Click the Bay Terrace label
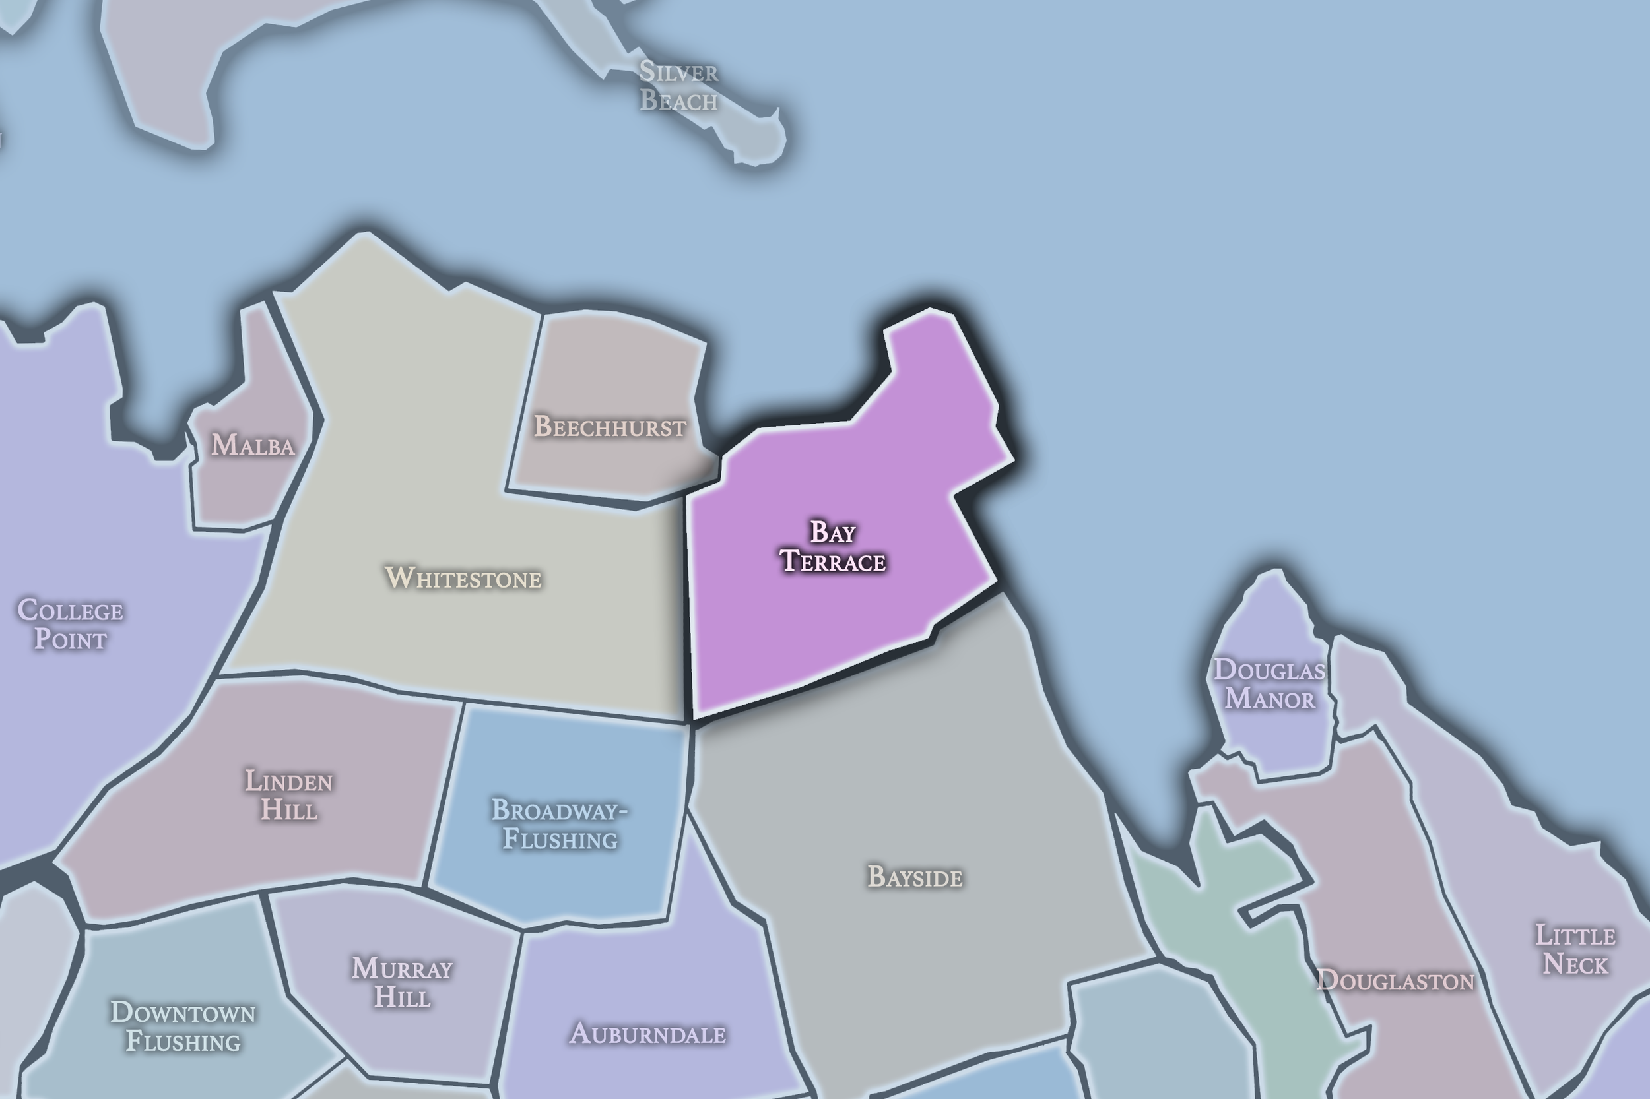pos(832,547)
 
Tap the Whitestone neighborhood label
pos(463,579)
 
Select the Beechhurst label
pos(610,427)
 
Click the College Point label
pos(70,625)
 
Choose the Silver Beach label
pos(678,86)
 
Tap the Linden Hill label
pos(289,795)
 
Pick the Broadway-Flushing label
pos(560,825)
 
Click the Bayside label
pos(915,877)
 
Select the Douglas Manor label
pos(1270,683)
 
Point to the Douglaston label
pos(1395,980)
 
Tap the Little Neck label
pos(1575,950)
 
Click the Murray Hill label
pos(403,982)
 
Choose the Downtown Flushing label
pos(183,1027)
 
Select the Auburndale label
pos(647,1034)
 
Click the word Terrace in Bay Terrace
pos(833,561)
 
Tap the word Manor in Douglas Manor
pos(1270,699)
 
